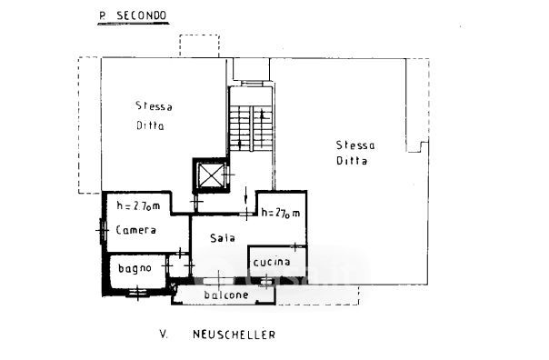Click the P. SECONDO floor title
(133, 16)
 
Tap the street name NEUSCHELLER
(234, 335)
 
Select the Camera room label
(135, 230)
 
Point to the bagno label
(135, 268)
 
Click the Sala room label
(223, 238)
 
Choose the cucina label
(272, 262)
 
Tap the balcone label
(226, 295)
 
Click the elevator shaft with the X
(211, 175)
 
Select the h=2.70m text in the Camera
(138, 205)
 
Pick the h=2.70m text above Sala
(281, 213)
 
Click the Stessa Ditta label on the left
(154, 115)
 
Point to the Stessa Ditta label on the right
(355, 153)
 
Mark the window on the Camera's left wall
(103, 230)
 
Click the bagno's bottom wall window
(137, 291)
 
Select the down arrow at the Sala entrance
(246, 195)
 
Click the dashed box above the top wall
(200, 45)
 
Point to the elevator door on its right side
(228, 174)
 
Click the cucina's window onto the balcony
(266, 281)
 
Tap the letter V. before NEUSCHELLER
(164, 335)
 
